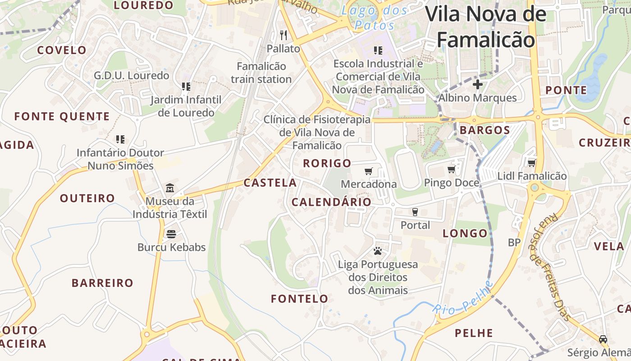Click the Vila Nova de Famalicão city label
pos(486,27)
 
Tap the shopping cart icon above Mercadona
pos(369,171)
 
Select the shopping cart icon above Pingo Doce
pos(451,169)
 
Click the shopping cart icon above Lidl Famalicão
pos(532,163)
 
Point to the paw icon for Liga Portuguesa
pos(378,251)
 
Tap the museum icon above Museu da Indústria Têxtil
pos(170,188)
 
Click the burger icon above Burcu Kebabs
pos(171,234)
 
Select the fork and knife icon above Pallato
pos(283,35)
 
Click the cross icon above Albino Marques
pos(477,84)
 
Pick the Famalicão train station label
pos(261,73)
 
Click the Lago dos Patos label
pos(374,17)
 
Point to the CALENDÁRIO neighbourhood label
pos(331,202)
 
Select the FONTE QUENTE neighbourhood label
pos(62,116)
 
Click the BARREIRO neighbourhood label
pos(103,283)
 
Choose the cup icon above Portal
pos(415,212)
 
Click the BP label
pos(514,242)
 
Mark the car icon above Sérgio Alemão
pos(603,339)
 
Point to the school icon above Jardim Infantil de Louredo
pos(186,86)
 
